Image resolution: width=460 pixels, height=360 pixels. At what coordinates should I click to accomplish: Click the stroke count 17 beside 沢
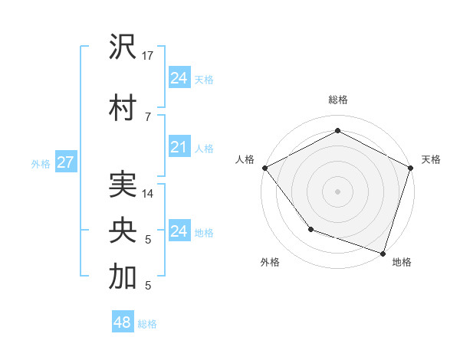click(148, 57)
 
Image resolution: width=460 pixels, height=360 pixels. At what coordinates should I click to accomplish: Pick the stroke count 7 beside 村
click(147, 116)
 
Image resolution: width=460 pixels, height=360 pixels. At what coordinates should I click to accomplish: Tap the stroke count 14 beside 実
click(148, 194)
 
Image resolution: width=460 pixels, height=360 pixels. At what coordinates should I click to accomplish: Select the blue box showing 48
click(123, 322)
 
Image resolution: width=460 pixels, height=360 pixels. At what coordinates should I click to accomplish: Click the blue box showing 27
click(65, 162)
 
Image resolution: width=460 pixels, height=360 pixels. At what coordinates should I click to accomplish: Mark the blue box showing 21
click(179, 147)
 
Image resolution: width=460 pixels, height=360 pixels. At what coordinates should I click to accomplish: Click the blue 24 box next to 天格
click(179, 78)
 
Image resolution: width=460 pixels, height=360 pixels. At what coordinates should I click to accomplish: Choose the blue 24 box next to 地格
click(179, 231)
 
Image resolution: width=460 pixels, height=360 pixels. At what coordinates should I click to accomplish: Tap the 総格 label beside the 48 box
click(147, 324)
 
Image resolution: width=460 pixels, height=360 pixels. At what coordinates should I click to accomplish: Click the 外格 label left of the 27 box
click(41, 163)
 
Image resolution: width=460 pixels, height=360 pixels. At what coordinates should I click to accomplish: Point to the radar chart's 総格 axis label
click(337, 100)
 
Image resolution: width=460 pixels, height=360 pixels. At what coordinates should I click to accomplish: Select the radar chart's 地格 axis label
click(402, 262)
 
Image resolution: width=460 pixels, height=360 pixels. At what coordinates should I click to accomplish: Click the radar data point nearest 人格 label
click(264, 167)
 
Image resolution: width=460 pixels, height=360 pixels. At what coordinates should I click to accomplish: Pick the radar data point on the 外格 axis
click(310, 228)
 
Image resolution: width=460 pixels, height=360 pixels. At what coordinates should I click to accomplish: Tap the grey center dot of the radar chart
click(337, 191)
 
